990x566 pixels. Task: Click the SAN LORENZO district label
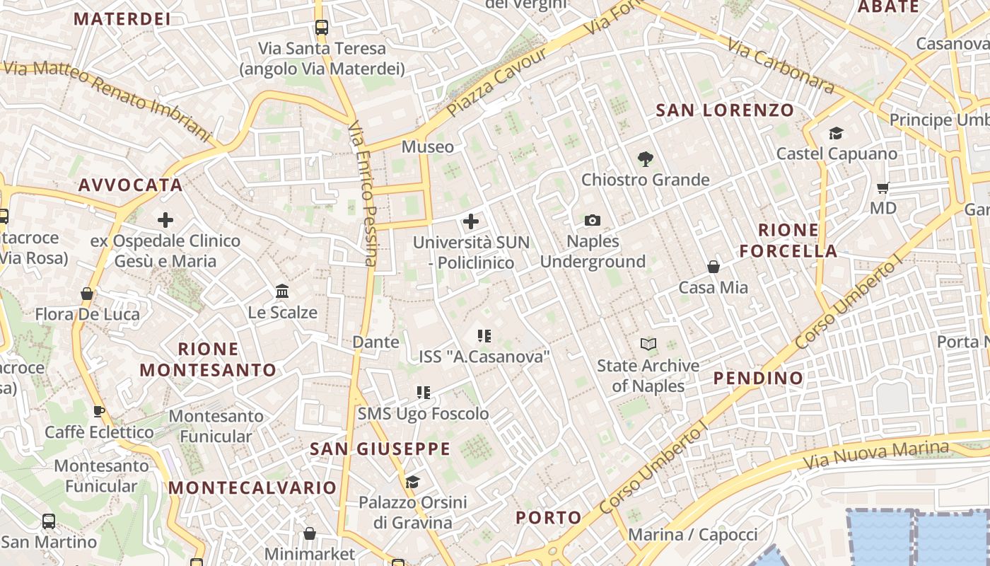[725, 110]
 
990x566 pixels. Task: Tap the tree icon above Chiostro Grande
[645, 159]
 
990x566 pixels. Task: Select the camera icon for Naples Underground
[593, 221]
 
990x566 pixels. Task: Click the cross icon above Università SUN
[471, 222]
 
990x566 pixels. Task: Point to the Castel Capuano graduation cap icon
[837, 134]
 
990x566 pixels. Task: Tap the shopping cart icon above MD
[883, 188]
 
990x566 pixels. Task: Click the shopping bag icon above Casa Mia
[714, 267]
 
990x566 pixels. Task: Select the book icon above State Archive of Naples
[648, 345]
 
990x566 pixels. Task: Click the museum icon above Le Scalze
[282, 291]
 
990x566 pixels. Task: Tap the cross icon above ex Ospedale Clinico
[165, 220]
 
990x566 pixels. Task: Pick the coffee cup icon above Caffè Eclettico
[99, 411]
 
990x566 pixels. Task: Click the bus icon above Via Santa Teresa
[322, 28]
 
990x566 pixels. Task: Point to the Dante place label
[375, 342]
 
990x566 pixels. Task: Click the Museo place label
[428, 147]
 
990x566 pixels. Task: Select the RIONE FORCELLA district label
[788, 241]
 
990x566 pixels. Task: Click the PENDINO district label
[758, 378]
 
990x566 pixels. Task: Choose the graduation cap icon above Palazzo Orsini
[412, 483]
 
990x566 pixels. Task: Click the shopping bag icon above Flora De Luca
[87, 294]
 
